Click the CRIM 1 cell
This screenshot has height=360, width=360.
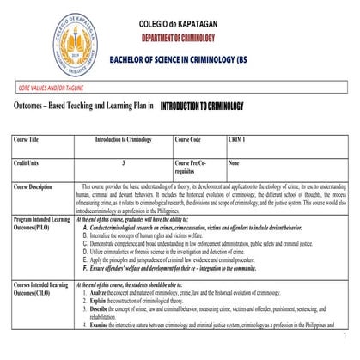(x=238, y=139)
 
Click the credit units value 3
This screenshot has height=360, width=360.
(x=124, y=162)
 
